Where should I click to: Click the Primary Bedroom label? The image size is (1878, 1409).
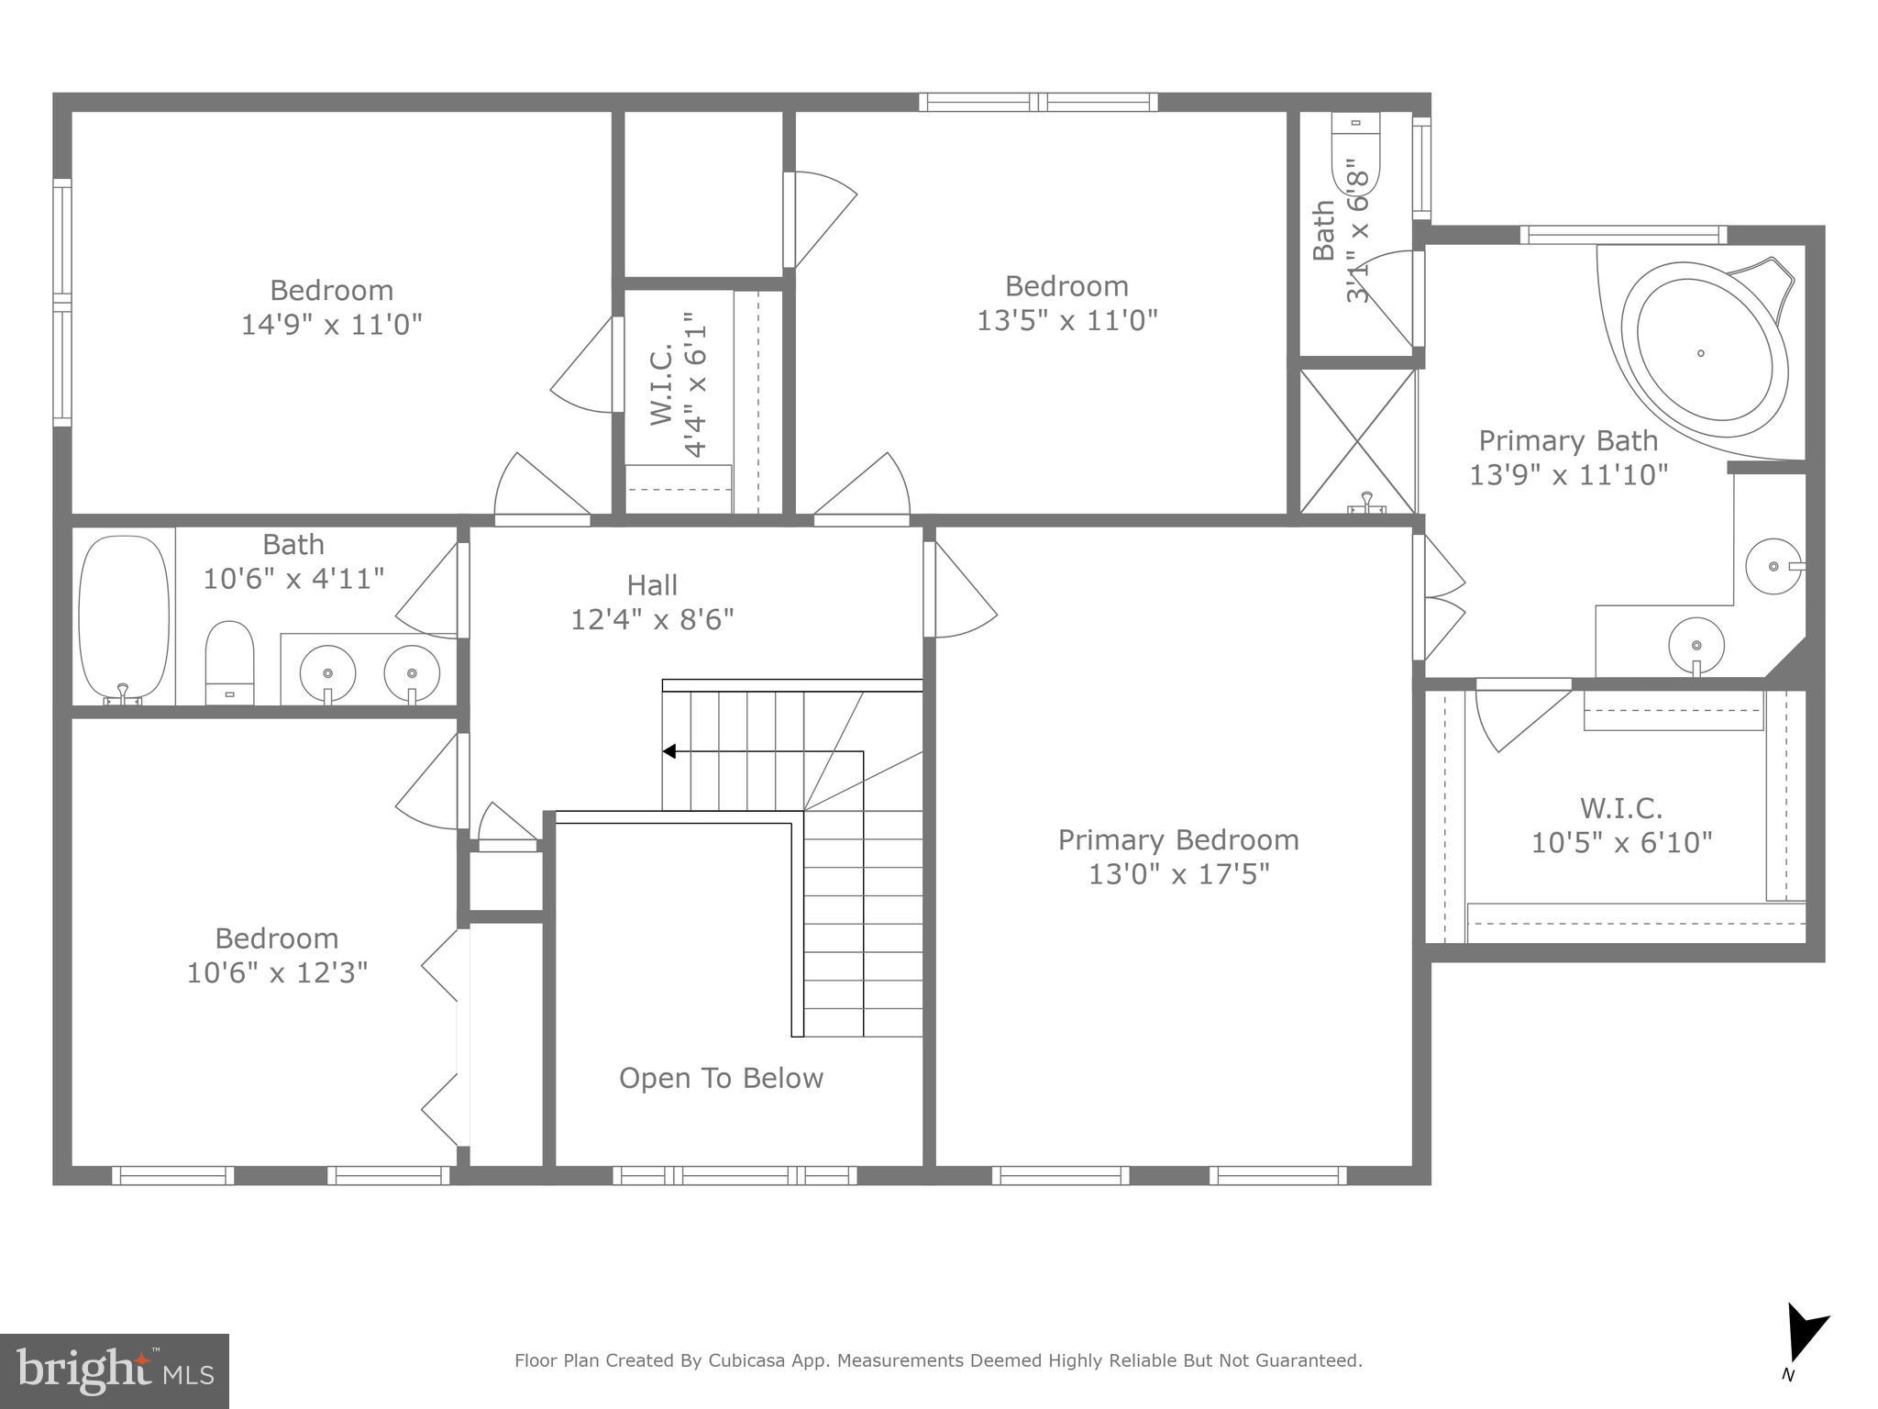pos(1178,839)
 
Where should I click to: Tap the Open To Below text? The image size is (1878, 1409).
pos(721,1078)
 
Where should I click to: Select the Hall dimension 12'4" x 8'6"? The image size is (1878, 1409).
pos(652,620)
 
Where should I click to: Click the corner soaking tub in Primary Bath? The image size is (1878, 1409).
pos(1704,350)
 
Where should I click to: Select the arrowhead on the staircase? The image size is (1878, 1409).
pos(669,751)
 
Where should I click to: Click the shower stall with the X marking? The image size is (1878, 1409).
pos(1358,440)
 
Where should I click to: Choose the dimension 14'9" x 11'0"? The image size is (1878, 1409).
pos(331,325)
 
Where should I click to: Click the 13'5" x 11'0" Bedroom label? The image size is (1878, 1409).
pos(1066,286)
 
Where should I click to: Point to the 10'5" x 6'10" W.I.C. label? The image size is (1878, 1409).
pos(1620,808)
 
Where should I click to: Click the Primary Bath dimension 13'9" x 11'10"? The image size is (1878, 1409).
pos(1568,475)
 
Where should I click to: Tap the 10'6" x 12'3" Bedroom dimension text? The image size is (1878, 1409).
pos(277,972)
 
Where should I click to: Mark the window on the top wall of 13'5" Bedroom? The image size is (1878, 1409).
pos(1038,102)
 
